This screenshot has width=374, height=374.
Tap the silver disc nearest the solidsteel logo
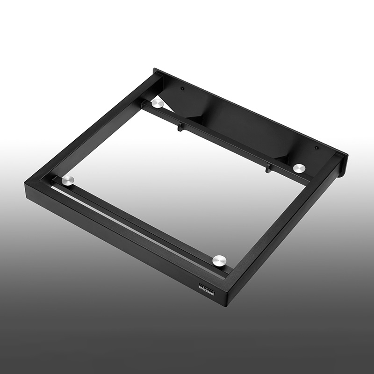[x=219, y=260]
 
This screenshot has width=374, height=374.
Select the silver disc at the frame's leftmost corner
[x=69, y=181]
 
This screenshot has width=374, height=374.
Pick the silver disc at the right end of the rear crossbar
[x=298, y=168]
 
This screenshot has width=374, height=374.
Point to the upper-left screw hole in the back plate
[x=183, y=89]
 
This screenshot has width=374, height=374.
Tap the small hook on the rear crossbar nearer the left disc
[x=179, y=126]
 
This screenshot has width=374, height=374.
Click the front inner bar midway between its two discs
[x=140, y=220]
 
